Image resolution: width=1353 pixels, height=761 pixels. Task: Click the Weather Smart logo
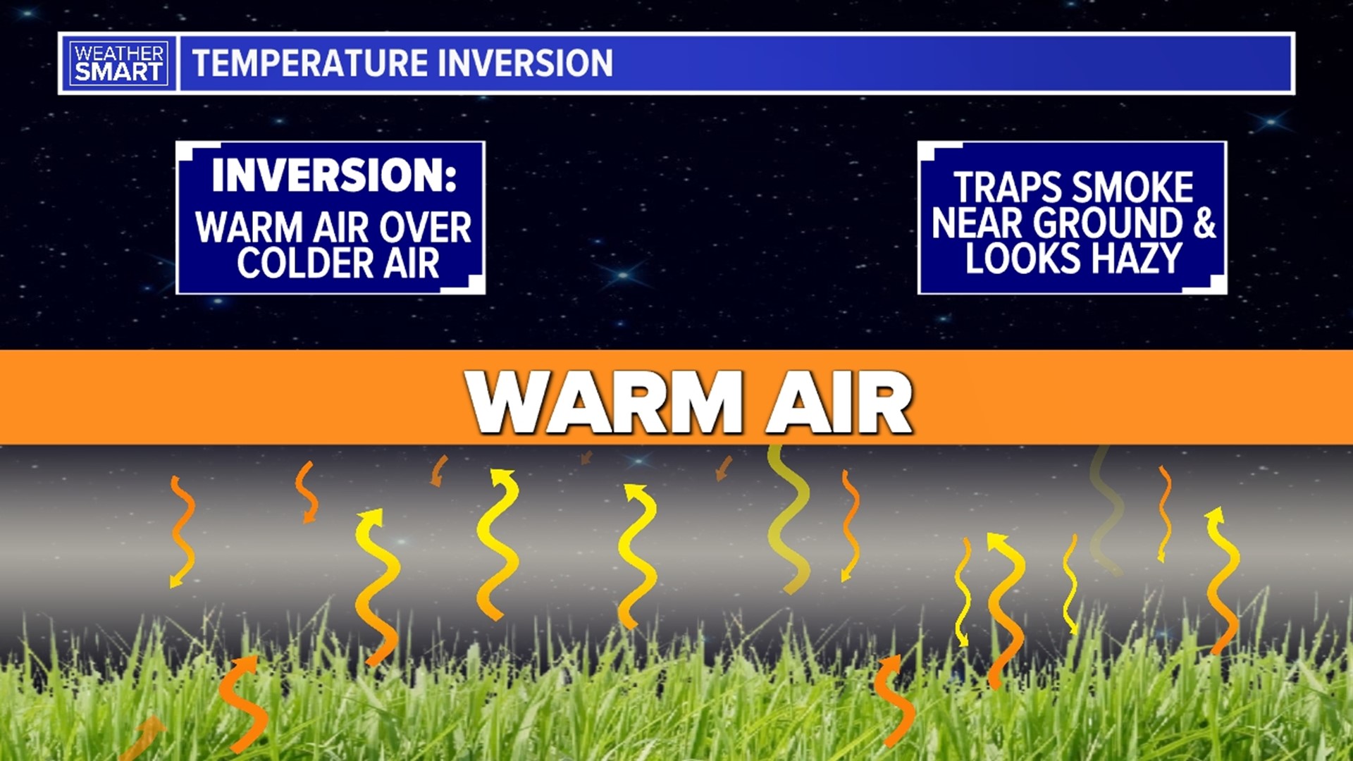(x=118, y=63)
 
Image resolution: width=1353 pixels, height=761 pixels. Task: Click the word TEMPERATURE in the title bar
(x=309, y=63)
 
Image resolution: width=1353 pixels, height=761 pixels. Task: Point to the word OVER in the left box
(x=425, y=228)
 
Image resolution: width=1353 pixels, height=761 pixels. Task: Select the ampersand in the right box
(x=1204, y=223)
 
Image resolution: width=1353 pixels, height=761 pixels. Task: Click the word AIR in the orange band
(x=839, y=402)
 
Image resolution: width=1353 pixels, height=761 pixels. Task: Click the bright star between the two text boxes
(x=623, y=275)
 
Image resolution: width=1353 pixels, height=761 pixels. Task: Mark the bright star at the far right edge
(x=1271, y=122)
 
